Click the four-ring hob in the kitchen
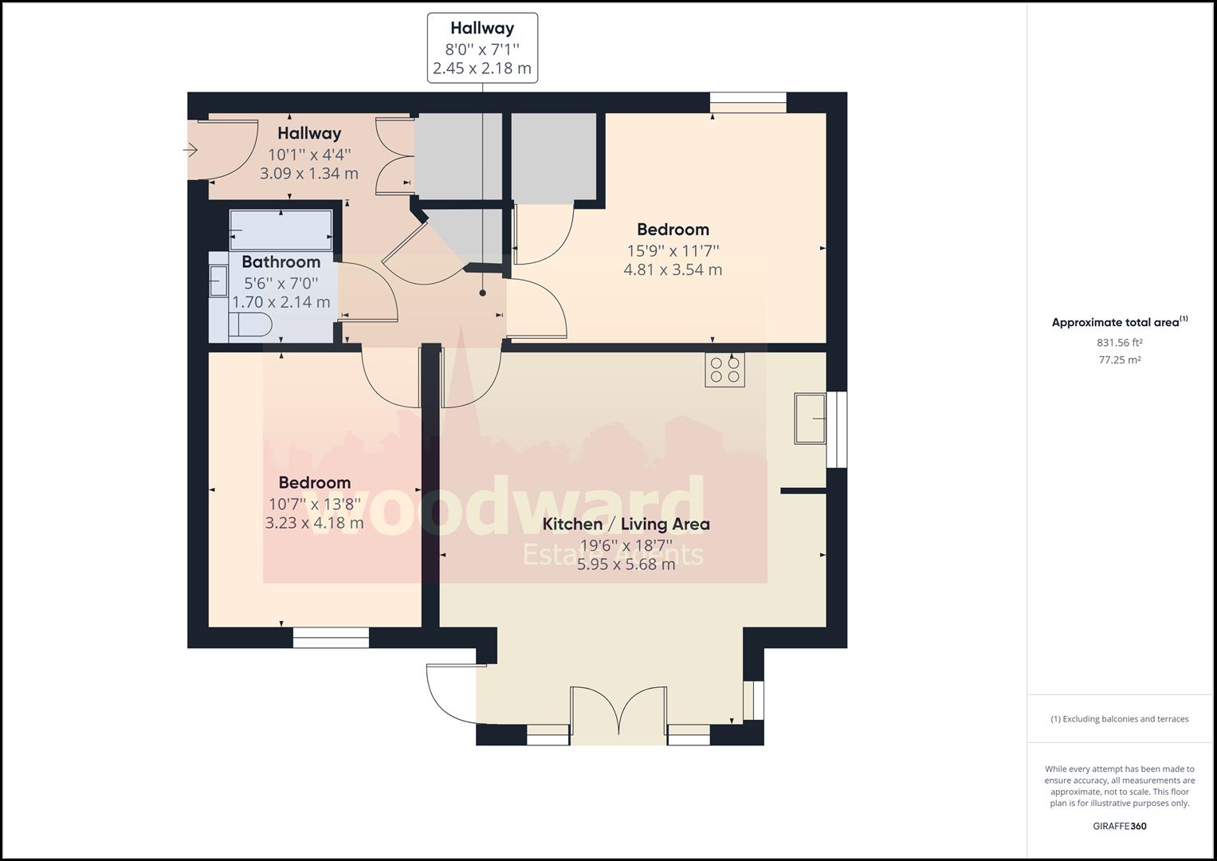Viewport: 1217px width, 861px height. (x=724, y=370)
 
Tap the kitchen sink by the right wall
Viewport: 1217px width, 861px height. (x=810, y=418)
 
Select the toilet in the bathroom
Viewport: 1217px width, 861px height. (x=250, y=324)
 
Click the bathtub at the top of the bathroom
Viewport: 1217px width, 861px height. (x=281, y=230)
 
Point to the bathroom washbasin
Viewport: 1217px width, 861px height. (x=218, y=281)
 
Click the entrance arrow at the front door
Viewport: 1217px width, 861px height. (x=190, y=150)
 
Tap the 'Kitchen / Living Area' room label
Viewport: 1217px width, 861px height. (x=626, y=524)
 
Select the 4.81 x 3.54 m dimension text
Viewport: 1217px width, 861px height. (x=673, y=269)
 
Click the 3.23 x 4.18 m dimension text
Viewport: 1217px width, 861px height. (x=314, y=523)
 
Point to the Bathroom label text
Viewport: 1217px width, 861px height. (x=281, y=262)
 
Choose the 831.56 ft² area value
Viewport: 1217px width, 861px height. (x=1119, y=343)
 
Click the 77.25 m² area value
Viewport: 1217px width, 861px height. (x=1119, y=360)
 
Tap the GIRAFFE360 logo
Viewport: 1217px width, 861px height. (x=1119, y=826)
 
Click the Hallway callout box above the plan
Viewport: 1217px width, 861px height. (x=482, y=48)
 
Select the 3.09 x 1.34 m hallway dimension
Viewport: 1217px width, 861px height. (x=309, y=174)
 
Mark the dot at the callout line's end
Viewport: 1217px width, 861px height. (x=482, y=293)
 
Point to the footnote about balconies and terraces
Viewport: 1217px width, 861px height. (x=1119, y=718)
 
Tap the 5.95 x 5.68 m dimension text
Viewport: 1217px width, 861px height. (x=626, y=564)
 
